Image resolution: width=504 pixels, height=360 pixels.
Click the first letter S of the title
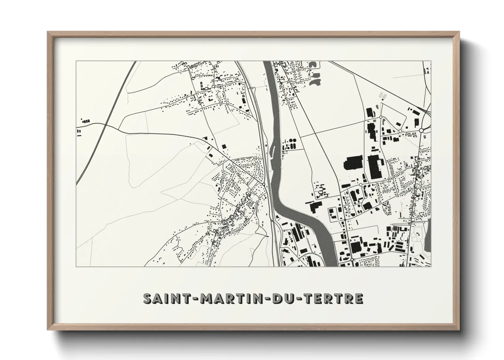147,298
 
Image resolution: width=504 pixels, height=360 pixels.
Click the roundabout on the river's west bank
264,184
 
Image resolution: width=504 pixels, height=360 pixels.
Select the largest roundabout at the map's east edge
421,130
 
